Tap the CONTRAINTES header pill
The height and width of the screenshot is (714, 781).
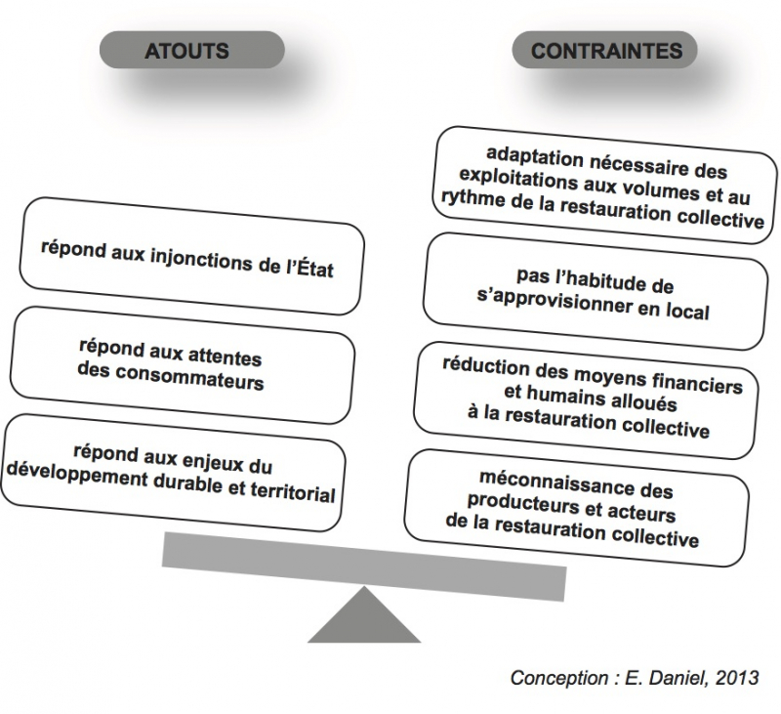606,51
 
